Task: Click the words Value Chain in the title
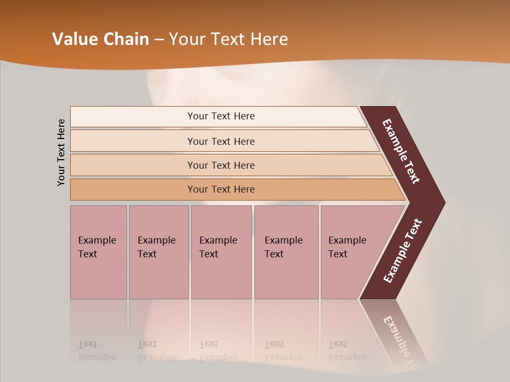[100, 39]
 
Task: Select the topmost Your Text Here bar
[221, 116]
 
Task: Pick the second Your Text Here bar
[221, 141]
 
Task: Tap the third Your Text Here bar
[221, 165]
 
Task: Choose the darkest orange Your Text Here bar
[221, 189]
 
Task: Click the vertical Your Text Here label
[62, 152]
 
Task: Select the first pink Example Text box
[98, 252]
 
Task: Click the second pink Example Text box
[158, 252]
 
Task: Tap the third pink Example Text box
[221, 252]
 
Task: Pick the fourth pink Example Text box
[286, 252]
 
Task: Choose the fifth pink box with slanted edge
[351, 252]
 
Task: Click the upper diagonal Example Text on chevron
[401, 151]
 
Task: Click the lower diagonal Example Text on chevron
[403, 250]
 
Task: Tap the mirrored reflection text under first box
[97, 351]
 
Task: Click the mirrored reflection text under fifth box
[347, 351]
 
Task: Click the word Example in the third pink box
[218, 240]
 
